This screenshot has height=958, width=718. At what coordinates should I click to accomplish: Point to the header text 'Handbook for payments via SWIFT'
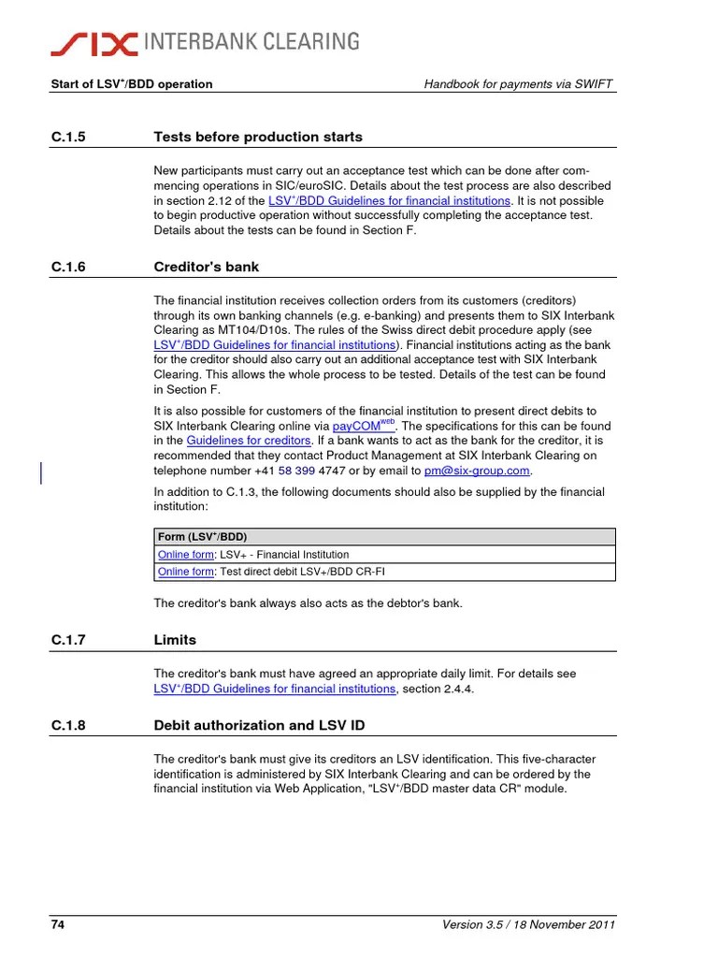(x=520, y=84)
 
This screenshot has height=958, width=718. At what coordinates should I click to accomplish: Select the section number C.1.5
(x=68, y=138)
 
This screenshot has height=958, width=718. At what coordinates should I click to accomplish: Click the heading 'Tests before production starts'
(x=257, y=138)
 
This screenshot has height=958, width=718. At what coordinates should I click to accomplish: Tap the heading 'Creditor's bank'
(x=206, y=268)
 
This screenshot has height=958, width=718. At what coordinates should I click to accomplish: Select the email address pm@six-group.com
(x=477, y=472)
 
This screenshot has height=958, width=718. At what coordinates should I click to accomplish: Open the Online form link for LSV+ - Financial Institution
(x=185, y=555)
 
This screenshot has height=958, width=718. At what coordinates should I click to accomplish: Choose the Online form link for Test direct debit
(x=185, y=572)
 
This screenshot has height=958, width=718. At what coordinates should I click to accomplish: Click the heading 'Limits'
(x=175, y=641)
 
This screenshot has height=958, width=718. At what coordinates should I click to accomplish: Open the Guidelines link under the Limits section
(x=274, y=689)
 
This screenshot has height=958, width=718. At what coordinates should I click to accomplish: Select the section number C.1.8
(x=68, y=726)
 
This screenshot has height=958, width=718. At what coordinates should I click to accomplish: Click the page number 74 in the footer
(x=57, y=925)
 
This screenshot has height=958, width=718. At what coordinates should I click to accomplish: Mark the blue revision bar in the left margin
(x=41, y=473)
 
